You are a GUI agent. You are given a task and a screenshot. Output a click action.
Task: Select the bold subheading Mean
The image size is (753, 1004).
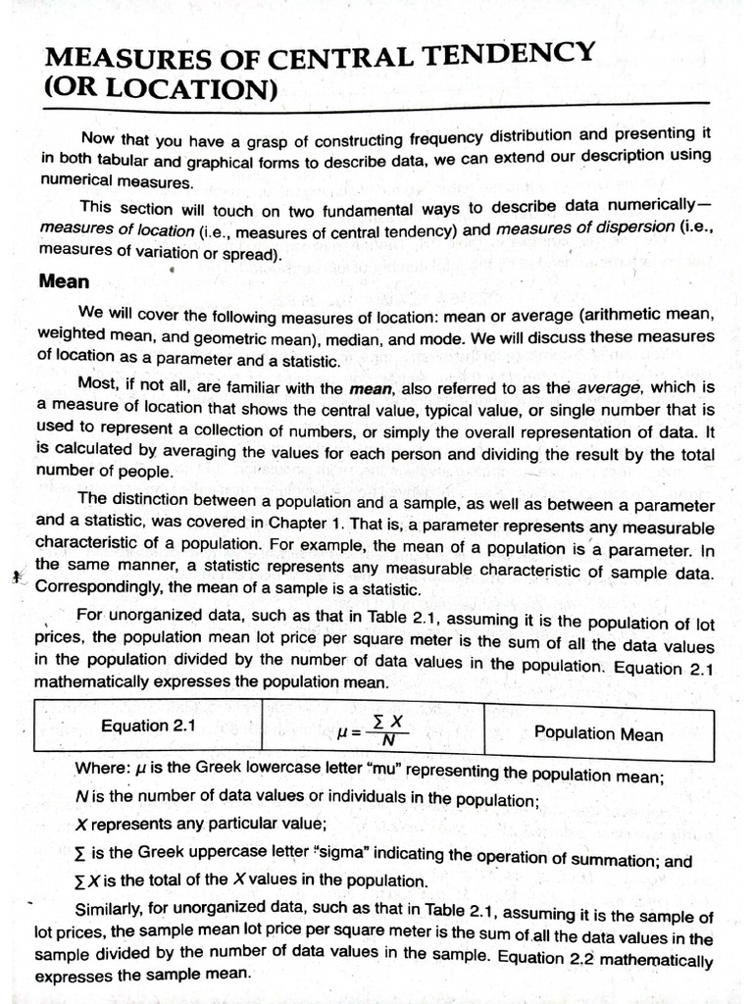[x=64, y=281]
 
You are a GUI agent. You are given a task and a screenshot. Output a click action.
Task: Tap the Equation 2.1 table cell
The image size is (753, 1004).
[x=148, y=726]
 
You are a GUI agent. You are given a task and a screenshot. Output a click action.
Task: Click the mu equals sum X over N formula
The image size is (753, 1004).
[x=372, y=730]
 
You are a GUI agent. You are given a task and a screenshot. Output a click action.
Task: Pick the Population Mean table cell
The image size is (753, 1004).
[x=598, y=733]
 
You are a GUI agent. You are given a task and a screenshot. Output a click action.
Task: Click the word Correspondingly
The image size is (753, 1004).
[x=99, y=589]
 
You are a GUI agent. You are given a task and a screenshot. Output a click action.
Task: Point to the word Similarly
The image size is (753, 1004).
[x=112, y=907]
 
